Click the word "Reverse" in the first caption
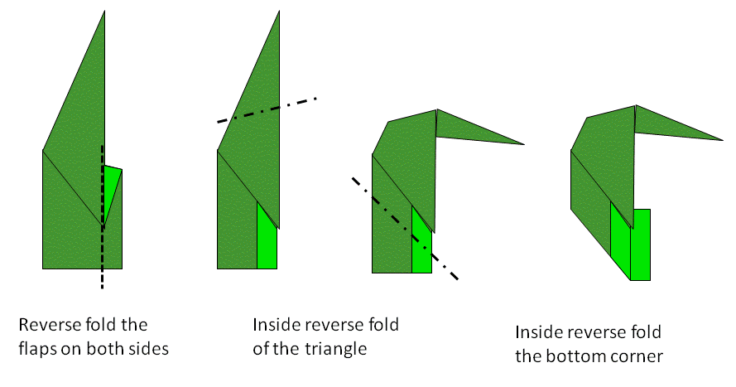click(x=46, y=324)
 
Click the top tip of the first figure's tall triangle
click(x=105, y=12)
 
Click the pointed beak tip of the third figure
click(x=524, y=144)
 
